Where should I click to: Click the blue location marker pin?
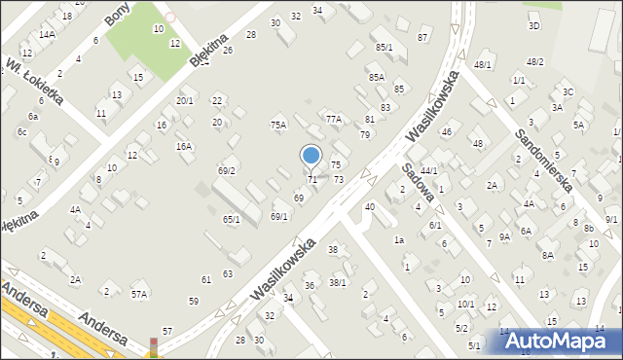311,157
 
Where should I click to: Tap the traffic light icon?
153,346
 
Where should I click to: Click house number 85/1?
384,47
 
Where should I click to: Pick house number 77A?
334,119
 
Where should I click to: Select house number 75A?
278,125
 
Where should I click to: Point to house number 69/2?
226,170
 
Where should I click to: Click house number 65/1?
231,220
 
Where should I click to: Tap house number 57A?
139,293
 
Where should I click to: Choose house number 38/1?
338,282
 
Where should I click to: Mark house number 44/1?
428,170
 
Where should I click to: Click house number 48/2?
534,61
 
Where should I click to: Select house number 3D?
533,26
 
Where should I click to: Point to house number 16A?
183,146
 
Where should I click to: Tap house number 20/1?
184,100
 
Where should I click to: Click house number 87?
422,37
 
